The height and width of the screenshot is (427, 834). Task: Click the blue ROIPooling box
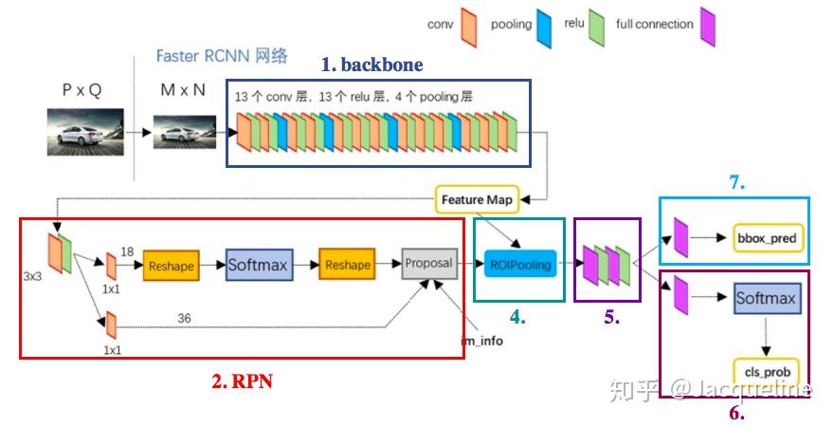(x=519, y=264)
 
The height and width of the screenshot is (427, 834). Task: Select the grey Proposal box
(x=429, y=263)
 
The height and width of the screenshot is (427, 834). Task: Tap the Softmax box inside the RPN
(x=259, y=265)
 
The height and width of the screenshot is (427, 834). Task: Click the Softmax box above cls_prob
(x=767, y=298)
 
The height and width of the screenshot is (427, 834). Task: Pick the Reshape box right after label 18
(x=171, y=265)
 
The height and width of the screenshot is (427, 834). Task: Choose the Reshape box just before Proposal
(x=347, y=264)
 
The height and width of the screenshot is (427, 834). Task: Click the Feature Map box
(x=477, y=199)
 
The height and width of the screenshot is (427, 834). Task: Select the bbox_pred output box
(x=767, y=238)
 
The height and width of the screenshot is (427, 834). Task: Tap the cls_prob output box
(x=767, y=372)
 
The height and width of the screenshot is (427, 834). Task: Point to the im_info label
(x=481, y=341)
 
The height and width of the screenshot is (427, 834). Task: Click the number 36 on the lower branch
(x=184, y=318)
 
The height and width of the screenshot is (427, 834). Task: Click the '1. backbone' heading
(x=372, y=65)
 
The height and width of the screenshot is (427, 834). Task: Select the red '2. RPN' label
(x=242, y=381)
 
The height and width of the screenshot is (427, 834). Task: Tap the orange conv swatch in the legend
(x=468, y=28)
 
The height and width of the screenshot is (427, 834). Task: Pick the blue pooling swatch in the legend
(x=544, y=28)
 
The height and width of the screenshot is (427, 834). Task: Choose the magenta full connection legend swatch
(x=707, y=27)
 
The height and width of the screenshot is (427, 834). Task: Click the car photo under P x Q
(x=85, y=132)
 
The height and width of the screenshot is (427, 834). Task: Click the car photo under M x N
(x=185, y=132)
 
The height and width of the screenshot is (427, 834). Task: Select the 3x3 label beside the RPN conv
(x=32, y=276)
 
